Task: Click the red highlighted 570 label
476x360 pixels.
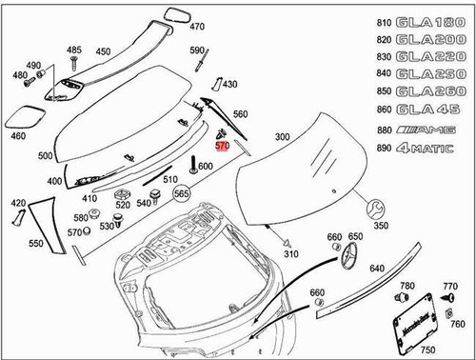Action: [x=222, y=147]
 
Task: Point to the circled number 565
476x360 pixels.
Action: [x=181, y=192]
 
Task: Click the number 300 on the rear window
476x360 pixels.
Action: [x=281, y=138]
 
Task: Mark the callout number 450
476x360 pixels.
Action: [x=103, y=51]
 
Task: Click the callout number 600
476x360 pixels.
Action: [x=205, y=167]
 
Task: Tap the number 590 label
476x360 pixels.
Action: [x=196, y=50]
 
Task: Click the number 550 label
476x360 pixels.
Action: [x=35, y=245]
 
